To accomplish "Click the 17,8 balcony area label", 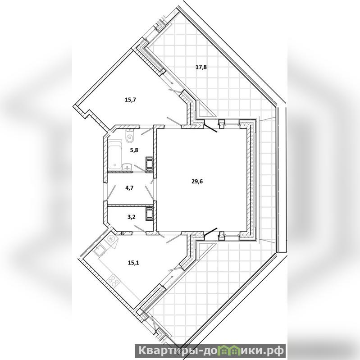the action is (201, 67).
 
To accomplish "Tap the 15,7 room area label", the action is (131, 100).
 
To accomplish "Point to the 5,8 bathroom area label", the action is (134, 150).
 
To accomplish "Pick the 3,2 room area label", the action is (131, 217).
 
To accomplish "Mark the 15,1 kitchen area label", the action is (133, 263).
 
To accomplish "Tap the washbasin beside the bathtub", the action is (127, 167).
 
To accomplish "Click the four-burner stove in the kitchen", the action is (113, 281).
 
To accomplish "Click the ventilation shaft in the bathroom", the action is (149, 164).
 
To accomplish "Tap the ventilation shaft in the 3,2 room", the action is (149, 214).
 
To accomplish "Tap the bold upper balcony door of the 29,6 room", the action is (210, 128).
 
